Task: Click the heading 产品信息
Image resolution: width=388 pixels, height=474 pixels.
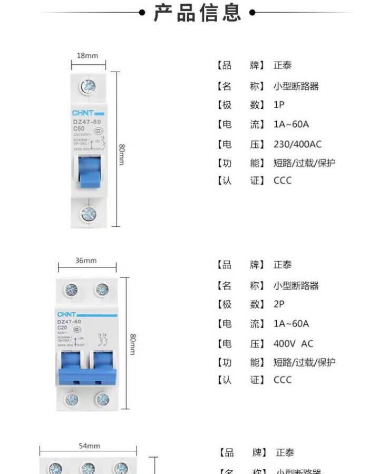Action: pos(197,12)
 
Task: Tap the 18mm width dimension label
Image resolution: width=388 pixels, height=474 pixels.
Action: pos(88,55)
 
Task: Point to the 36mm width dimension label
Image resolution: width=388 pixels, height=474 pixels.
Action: pos(86,260)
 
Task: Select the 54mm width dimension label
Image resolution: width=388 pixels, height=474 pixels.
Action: pos(90,446)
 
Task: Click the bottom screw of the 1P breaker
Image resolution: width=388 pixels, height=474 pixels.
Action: pos(88,213)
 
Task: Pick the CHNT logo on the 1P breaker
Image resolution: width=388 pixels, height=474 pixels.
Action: pos(83,113)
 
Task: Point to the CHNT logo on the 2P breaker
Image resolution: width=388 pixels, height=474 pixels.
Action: pos(67,314)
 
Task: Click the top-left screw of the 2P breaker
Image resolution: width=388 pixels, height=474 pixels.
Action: pos(71,290)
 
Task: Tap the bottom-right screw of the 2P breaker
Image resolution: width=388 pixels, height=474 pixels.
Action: pos(102,399)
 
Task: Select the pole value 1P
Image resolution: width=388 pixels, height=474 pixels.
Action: pos(279,105)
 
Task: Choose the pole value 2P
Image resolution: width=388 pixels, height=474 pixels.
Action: pos(279,304)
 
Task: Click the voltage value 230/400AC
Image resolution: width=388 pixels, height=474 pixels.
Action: pos(297,144)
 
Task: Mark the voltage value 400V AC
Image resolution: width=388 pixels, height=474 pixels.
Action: pos(293,343)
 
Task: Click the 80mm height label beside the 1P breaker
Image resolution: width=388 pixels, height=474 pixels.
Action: pos(122,154)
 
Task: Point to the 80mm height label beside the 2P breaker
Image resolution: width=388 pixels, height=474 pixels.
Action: pos(133,344)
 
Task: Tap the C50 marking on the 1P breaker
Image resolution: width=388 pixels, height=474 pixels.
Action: pos(79,129)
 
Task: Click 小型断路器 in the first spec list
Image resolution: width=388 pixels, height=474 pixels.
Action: pos(296,86)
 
